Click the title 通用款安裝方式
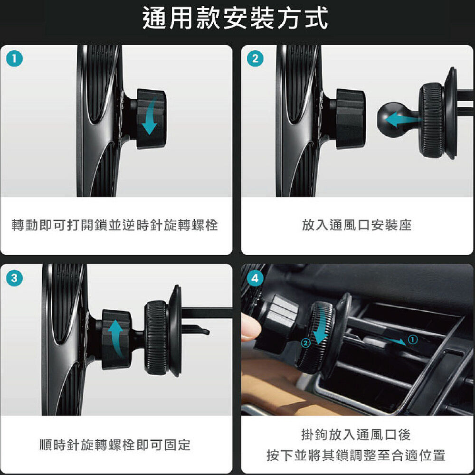point(235,18)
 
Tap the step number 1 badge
point(14,58)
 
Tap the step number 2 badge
point(255,58)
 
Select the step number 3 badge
point(14,278)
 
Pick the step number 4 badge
point(255,278)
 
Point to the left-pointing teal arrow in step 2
point(403,120)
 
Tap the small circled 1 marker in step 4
point(413,339)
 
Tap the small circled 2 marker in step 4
point(306,343)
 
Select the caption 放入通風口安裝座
point(357,225)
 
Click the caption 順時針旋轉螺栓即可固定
point(115,445)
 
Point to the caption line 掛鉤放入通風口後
point(356,435)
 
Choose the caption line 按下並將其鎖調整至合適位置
point(356,455)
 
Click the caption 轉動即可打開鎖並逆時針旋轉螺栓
point(115,225)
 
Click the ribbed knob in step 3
point(156,338)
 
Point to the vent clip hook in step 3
point(196,329)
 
